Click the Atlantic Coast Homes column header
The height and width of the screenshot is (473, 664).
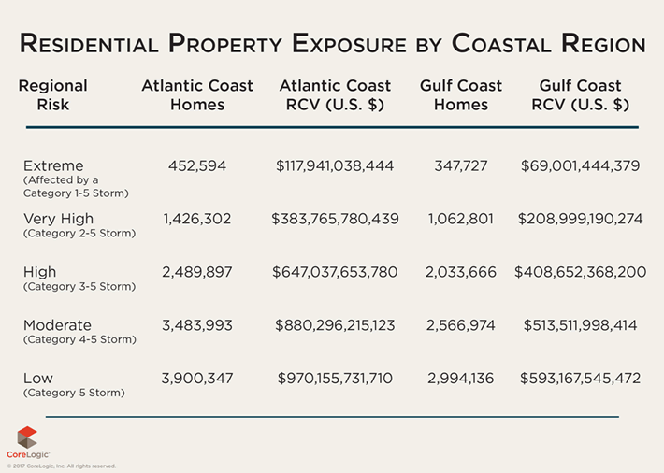(x=197, y=95)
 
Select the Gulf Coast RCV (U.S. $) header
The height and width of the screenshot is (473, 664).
(x=580, y=95)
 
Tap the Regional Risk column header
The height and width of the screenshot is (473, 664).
(x=52, y=95)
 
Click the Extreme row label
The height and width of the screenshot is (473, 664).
(x=53, y=165)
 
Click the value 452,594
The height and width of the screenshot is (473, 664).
(x=197, y=166)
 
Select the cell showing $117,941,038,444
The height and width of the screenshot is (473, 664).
(x=335, y=166)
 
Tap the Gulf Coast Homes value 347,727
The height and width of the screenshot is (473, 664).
(x=461, y=166)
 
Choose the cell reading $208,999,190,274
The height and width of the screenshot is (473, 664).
(x=580, y=219)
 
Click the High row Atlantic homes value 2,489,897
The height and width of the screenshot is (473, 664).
(x=197, y=272)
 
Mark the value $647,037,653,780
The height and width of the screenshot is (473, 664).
(x=335, y=272)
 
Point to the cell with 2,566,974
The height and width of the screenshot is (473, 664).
(x=461, y=325)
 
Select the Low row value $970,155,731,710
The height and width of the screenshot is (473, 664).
(x=335, y=379)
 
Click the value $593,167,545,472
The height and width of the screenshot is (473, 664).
(x=580, y=379)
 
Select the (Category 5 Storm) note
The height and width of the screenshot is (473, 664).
(x=73, y=394)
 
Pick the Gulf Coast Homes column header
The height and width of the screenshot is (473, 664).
(x=461, y=95)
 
